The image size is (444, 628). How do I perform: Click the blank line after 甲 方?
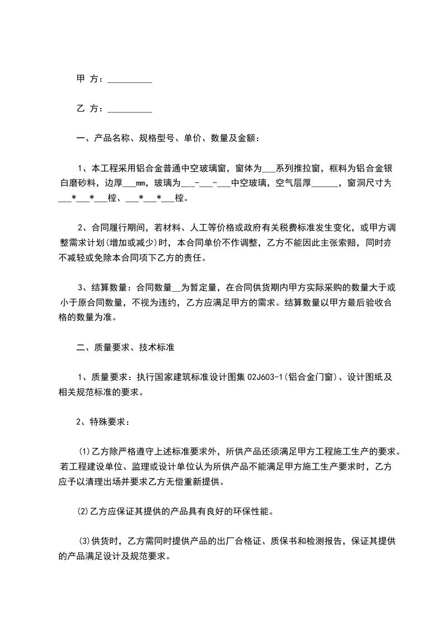pyautogui.click(x=129, y=80)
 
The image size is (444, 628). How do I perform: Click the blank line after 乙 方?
pyautogui.click(x=129, y=109)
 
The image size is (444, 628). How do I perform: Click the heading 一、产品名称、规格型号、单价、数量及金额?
pyautogui.click(x=167, y=138)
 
